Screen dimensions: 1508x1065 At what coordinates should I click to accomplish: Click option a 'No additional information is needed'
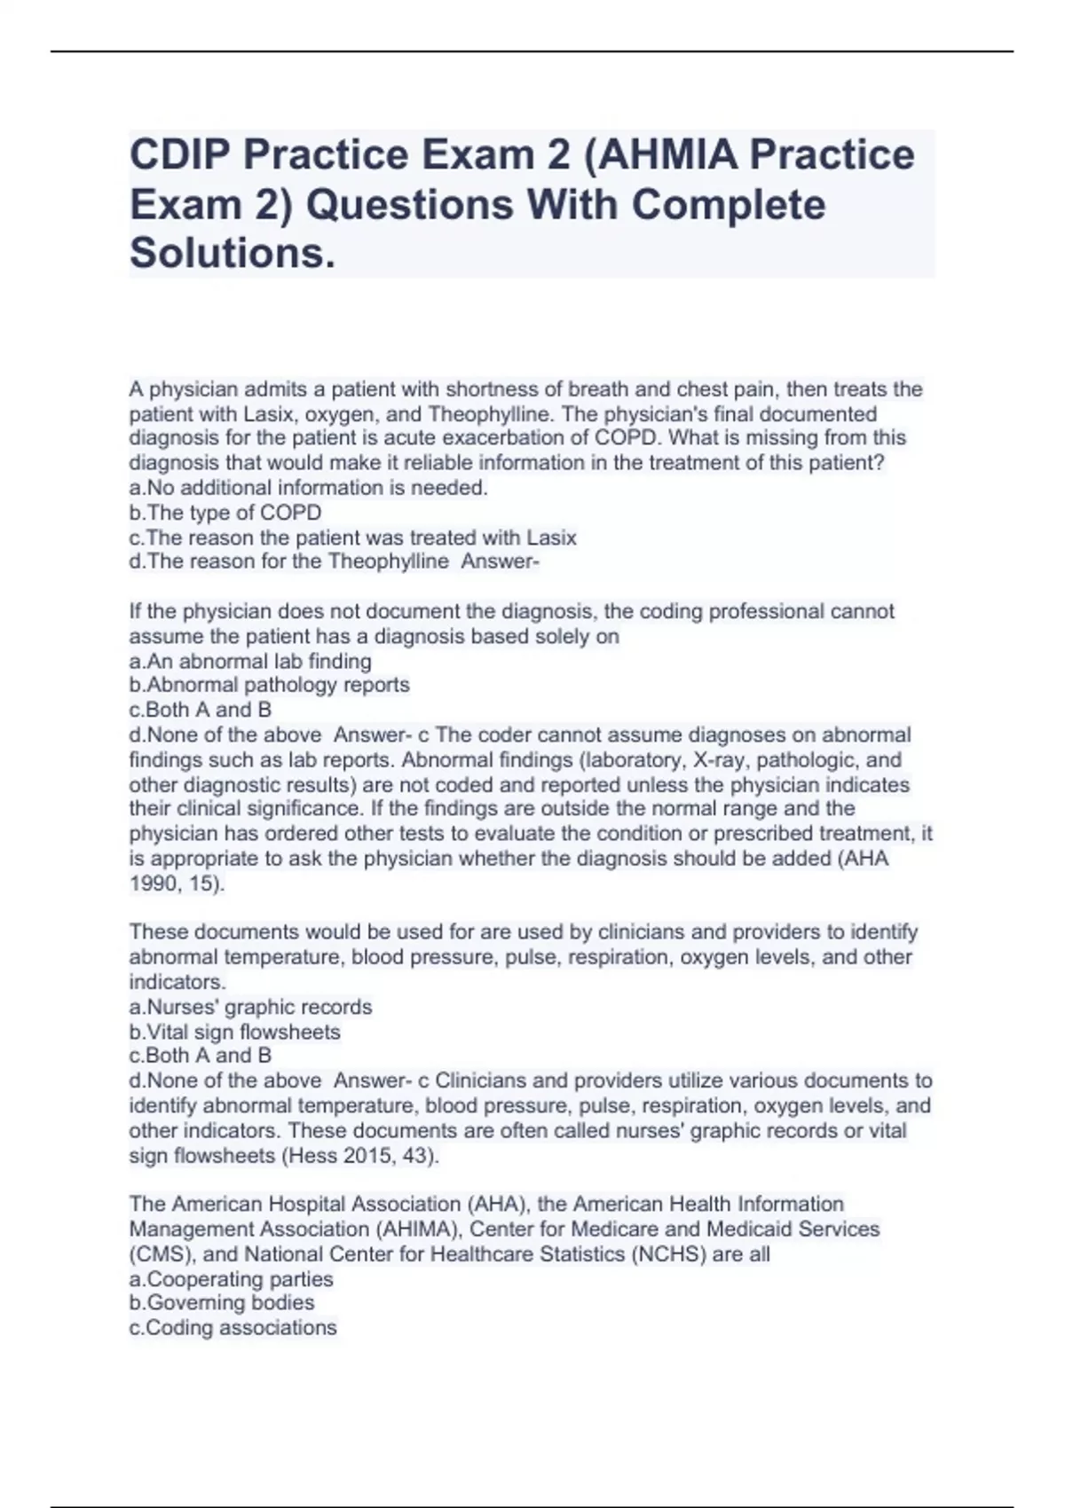[x=309, y=487]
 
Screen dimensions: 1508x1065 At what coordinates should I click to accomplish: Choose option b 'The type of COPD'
[x=225, y=513]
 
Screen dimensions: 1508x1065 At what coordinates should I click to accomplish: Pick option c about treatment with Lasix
[x=353, y=538]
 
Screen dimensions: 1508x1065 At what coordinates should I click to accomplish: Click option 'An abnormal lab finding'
[x=250, y=661]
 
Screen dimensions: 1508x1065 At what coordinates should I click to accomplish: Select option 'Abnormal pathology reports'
[x=270, y=685]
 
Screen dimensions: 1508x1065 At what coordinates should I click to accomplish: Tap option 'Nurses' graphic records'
[x=250, y=1007]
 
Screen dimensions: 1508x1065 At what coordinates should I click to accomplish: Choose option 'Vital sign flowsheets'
[x=235, y=1032]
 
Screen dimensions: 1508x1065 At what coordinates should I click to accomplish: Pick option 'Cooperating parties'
[x=232, y=1279]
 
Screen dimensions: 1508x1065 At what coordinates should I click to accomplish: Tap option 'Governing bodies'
[x=222, y=1303]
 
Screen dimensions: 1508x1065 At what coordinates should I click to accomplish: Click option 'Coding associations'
[x=233, y=1328]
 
